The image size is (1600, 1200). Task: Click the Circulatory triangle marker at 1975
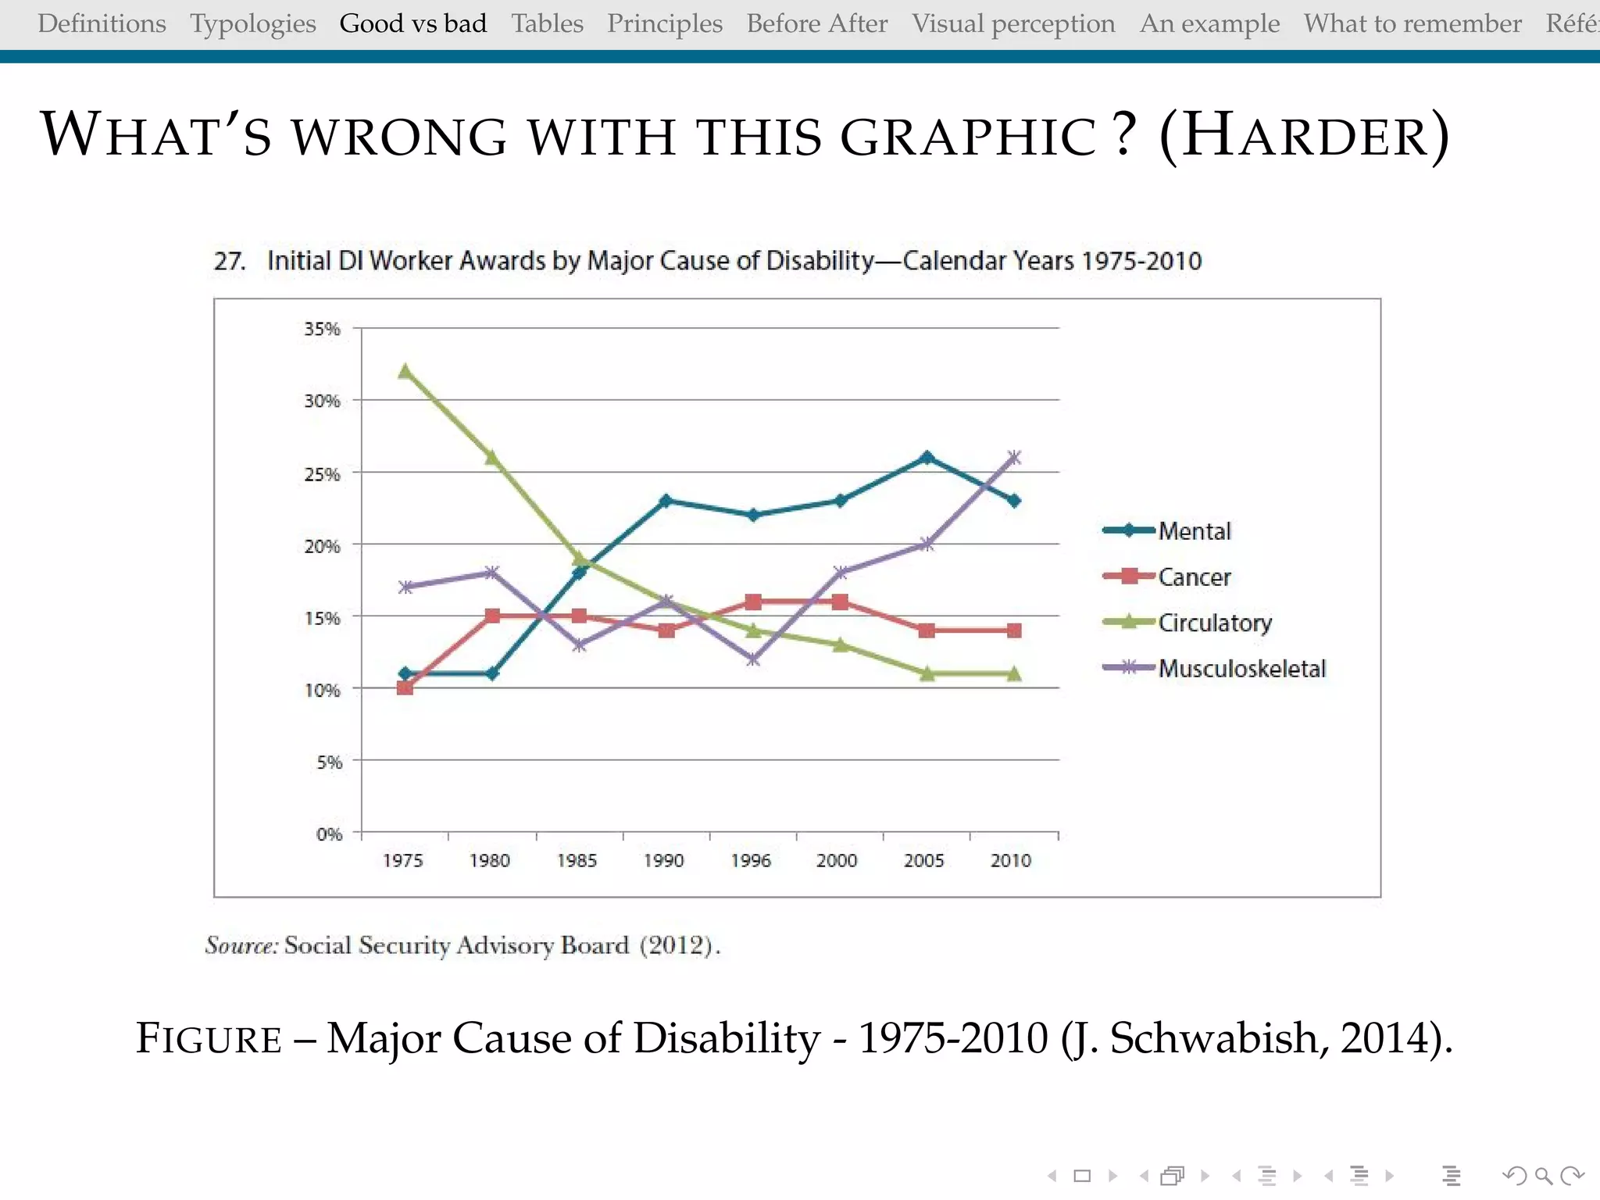pyautogui.click(x=405, y=372)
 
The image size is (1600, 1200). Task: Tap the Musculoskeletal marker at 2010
pyautogui.click(x=1014, y=458)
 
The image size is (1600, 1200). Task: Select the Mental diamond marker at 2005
pyautogui.click(x=927, y=458)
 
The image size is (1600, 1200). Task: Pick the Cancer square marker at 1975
pyautogui.click(x=405, y=687)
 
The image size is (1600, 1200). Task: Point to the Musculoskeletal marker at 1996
pyautogui.click(x=753, y=659)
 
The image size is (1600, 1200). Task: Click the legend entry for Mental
pyautogui.click(x=1194, y=531)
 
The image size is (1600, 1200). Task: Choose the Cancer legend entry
pyautogui.click(x=1194, y=577)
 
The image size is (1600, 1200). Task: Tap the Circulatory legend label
pyautogui.click(x=1215, y=623)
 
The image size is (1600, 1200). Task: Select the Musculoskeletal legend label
pyautogui.click(x=1241, y=669)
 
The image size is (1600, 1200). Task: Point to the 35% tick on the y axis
pyautogui.click(x=322, y=329)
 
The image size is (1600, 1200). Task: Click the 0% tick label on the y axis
pyautogui.click(x=329, y=834)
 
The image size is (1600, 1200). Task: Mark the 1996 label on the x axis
pyautogui.click(x=751, y=861)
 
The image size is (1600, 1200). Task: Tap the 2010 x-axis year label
pyautogui.click(x=1011, y=861)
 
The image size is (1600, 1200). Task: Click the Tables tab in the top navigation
pyautogui.click(x=547, y=23)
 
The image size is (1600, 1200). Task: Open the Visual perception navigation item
pyautogui.click(x=1013, y=23)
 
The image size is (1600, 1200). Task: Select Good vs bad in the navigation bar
pyautogui.click(x=413, y=23)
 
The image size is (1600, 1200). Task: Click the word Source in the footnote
pyautogui.click(x=241, y=945)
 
